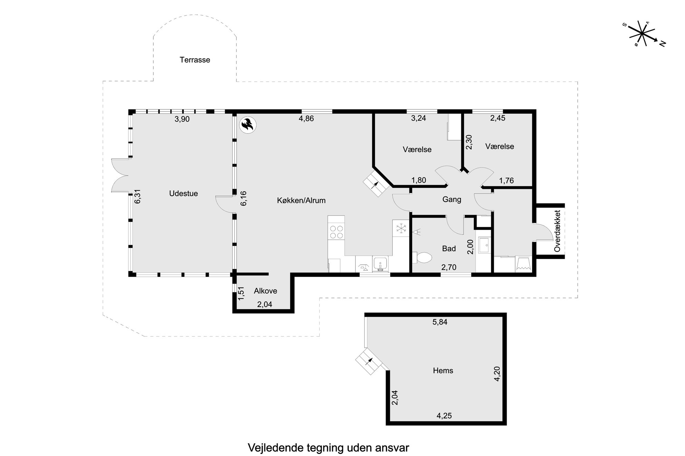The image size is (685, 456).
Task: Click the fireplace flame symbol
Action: point(248,125)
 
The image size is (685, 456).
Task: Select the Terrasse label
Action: point(195,60)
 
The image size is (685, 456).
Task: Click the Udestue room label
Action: point(183,194)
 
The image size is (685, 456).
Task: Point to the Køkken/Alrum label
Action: point(301,201)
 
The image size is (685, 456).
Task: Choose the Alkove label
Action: point(266,291)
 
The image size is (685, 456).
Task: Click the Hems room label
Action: point(443,371)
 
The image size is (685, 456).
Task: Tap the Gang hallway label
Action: point(452,199)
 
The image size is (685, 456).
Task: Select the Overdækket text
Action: point(557,231)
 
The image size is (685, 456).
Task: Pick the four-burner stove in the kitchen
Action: point(337,232)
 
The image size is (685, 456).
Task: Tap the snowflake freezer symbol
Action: point(401,228)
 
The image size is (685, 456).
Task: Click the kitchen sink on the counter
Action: point(380,264)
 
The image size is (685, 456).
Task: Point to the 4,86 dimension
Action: point(306,119)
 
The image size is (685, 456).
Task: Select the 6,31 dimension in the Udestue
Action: point(138,196)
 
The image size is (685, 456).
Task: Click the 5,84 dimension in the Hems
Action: point(440,322)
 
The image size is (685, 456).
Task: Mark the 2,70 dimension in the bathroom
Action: point(449,267)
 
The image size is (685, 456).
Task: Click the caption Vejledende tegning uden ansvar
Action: point(328,448)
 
